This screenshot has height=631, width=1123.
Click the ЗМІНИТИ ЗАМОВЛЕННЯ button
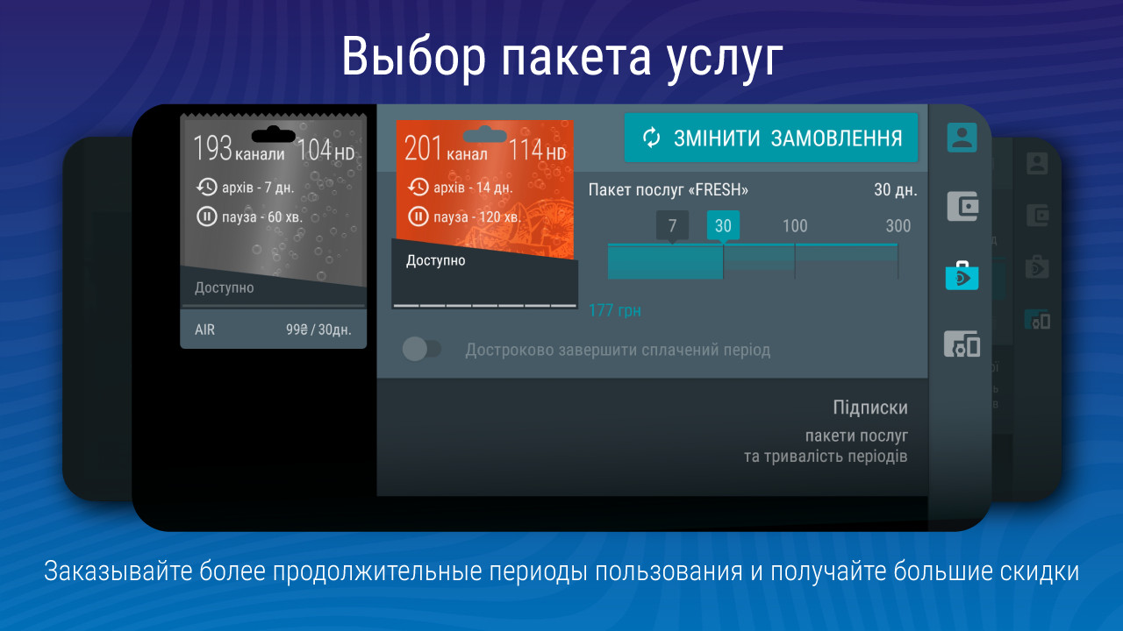tap(771, 138)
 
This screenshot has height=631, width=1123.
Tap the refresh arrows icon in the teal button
tap(651, 138)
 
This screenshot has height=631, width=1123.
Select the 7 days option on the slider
tap(672, 226)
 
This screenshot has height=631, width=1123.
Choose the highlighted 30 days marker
tap(723, 226)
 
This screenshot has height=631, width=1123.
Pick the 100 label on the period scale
tap(795, 226)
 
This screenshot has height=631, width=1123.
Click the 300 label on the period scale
tap(898, 226)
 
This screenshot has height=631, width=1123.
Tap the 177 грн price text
tap(615, 310)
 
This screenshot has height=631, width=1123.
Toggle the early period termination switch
tap(422, 349)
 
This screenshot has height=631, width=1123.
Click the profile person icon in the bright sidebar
tap(962, 138)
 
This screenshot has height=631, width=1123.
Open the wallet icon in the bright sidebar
tap(962, 206)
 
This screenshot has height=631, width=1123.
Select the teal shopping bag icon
tap(962, 275)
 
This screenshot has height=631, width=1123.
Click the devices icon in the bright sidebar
tap(962, 344)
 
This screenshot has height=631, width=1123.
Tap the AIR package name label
tap(204, 330)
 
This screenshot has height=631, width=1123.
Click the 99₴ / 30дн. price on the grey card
tap(318, 330)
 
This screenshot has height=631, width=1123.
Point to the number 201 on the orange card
tap(423, 148)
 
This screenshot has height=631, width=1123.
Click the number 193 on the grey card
tap(212, 148)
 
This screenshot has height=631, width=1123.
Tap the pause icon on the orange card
tap(418, 216)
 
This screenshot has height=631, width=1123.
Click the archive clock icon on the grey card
tap(206, 188)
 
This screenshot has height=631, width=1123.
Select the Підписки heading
tap(870, 408)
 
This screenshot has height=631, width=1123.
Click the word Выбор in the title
tap(413, 56)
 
